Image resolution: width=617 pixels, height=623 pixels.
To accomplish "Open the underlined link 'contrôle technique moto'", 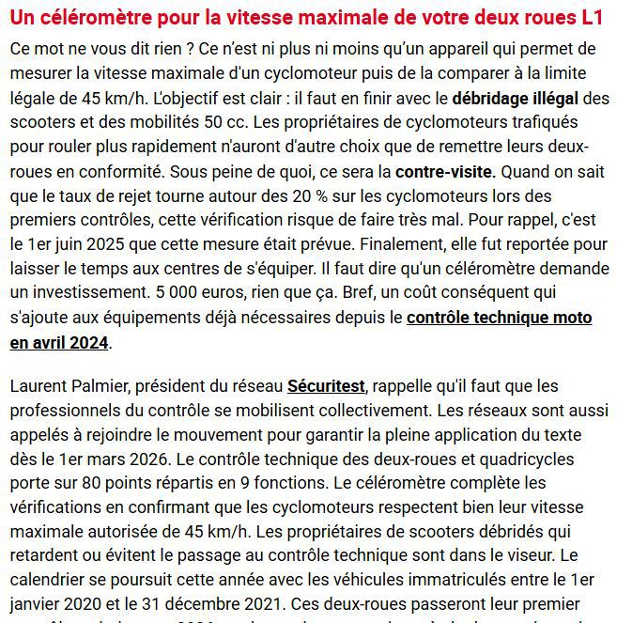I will (500, 318).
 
